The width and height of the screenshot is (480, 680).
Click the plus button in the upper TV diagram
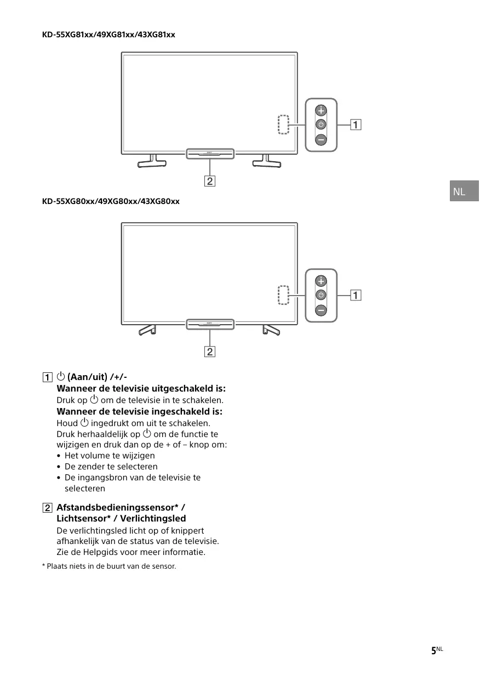[321, 110]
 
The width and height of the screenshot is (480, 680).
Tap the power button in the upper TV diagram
[321, 124]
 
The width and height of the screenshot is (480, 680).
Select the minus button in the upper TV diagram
[321, 140]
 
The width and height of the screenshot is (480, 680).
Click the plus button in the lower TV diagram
[321, 281]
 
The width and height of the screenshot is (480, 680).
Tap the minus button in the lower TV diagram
[321, 310]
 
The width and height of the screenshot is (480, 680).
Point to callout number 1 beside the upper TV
[356, 125]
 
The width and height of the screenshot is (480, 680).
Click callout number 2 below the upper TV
[210, 180]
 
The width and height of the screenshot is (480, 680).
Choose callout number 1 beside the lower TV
[356, 296]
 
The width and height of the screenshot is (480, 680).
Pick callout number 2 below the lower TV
[210, 352]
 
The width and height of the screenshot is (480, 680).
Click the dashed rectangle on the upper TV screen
[283, 124]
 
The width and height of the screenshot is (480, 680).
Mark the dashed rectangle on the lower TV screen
[283, 295]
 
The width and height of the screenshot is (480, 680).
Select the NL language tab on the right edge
[464, 191]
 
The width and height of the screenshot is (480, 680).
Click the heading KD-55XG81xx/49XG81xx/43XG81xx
[108, 35]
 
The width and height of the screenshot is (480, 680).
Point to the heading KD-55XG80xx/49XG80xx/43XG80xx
[111, 201]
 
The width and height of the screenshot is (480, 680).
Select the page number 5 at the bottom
[433, 650]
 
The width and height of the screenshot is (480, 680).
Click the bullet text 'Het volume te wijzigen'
[110, 455]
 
